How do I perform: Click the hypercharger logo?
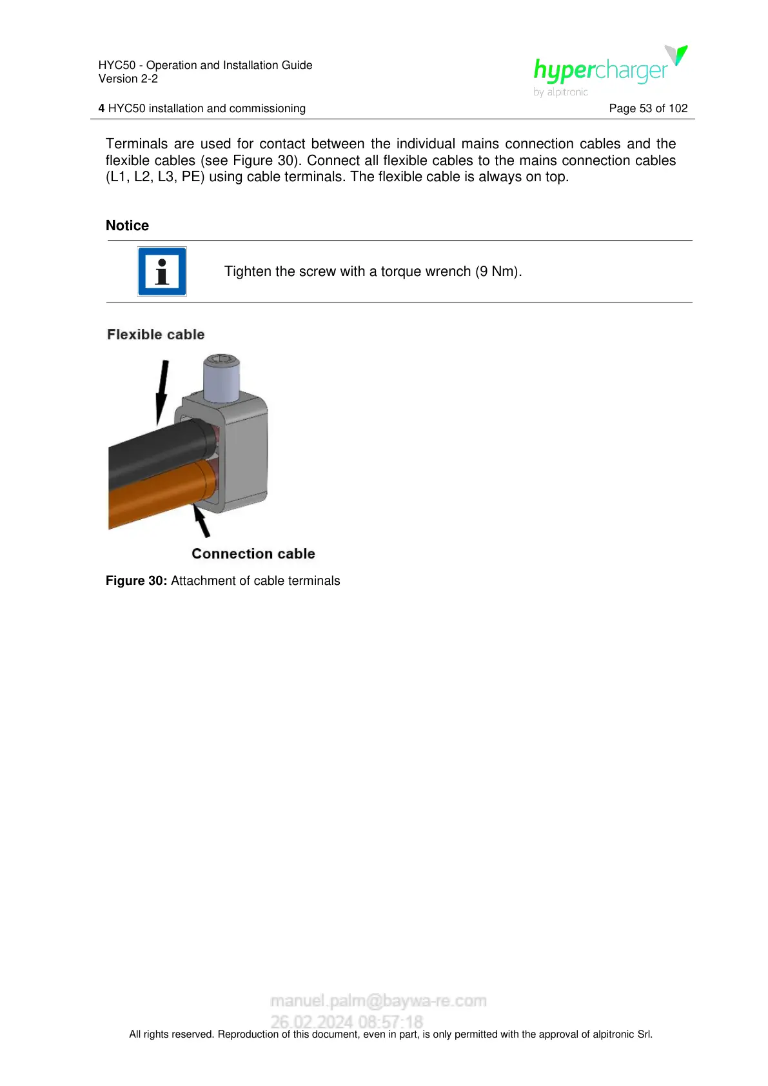pyautogui.click(x=609, y=69)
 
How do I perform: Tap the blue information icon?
pyautogui.click(x=162, y=271)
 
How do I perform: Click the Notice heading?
pyautogui.click(x=127, y=226)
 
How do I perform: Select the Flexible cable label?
pyautogui.click(x=156, y=335)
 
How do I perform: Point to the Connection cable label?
pyautogui.click(x=253, y=554)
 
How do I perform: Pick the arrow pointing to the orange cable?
pyautogui.click(x=202, y=521)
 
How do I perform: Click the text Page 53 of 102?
pyautogui.click(x=648, y=108)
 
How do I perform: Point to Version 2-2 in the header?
pyautogui.click(x=128, y=79)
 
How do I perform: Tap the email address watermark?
pyautogui.click(x=379, y=1001)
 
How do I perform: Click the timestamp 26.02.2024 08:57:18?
pyautogui.click(x=347, y=1022)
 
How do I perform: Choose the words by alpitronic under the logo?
pyautogui.click(x=560, y=92)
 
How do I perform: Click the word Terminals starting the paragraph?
pyautogui.click(x=137, y=144)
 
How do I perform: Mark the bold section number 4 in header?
pyautogui.click(x=101, y=108)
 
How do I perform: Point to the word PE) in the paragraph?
pyautogui.click(x=193, y=177)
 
